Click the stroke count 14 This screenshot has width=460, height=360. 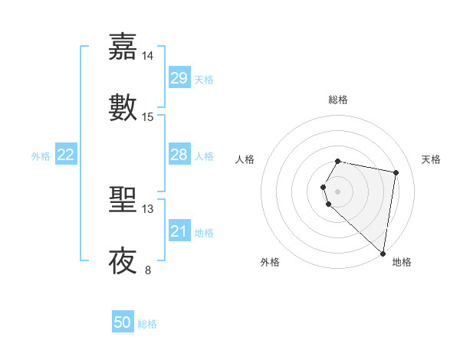click(148, 56)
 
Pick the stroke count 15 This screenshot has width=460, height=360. click(148, 117)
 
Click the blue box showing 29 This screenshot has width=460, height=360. click(179, 78)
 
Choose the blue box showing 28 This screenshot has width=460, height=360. click(179, 155)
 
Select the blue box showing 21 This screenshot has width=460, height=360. click(179, 231)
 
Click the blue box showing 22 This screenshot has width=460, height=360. click(66, 155)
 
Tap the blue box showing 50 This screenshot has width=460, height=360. click(123, 322)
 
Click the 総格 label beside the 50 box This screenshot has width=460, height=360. click(147, 324)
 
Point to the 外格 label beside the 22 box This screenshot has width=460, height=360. click(41, 156)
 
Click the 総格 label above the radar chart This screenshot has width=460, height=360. click(338, 100)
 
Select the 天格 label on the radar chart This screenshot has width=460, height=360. click(432, 159)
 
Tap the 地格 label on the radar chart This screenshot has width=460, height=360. click(402, 262)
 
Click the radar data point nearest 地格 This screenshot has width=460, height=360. click(383, 254)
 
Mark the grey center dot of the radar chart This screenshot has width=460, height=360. click(338, 191)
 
